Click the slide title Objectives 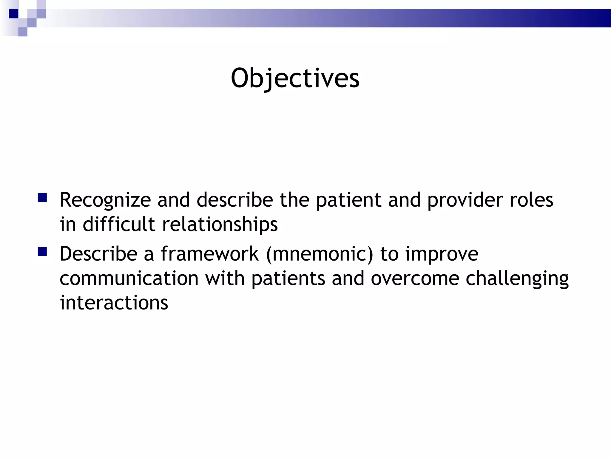295,78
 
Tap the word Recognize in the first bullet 105,200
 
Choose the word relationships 220,225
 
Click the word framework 210,254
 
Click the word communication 129,278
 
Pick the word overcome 415,278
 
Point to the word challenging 517,279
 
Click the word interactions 114,303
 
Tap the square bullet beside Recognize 42,198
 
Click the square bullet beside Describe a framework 42,252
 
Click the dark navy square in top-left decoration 13,14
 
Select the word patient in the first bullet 348,200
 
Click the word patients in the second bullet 288,278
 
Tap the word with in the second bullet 225,278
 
